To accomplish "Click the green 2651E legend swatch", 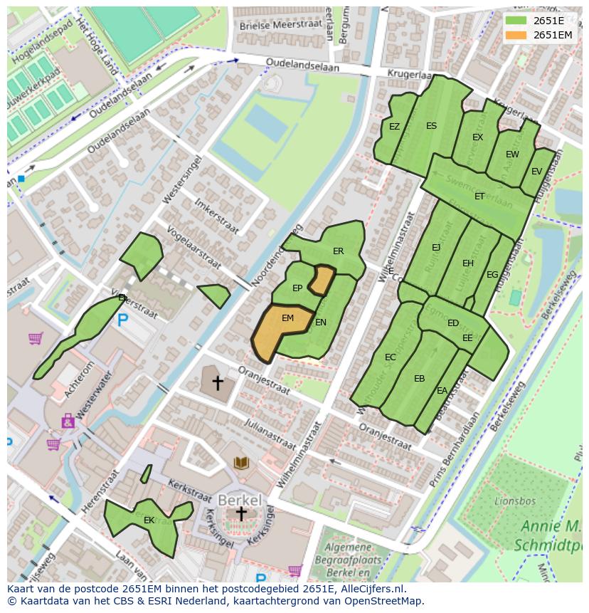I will (x=516, y=21).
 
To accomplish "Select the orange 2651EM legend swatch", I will (x=516, y=35).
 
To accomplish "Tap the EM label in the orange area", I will (x=287, y=318).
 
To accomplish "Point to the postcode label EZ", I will (x=394, y=127).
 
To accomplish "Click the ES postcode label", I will (x=431, y=126).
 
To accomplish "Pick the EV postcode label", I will (x=536, y=172).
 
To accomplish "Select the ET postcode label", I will (x=479, y=197).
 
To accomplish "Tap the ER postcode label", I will (x=338, y=251).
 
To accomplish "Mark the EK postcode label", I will (x=149, y=520).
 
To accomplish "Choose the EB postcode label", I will (x=419, y=379).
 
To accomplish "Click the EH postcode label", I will (x=467, y=263).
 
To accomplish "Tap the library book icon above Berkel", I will (x=242, y=463).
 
